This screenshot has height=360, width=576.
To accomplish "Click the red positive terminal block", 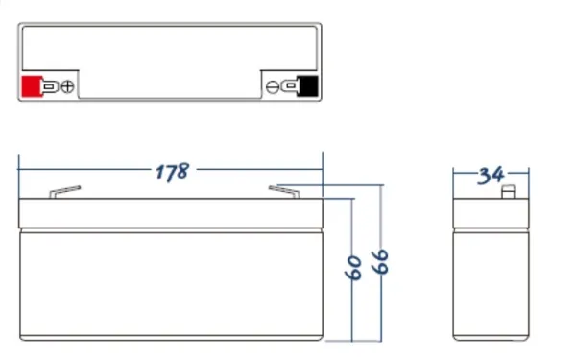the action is coord(32,86).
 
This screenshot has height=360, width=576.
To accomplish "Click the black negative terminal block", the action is coord(307,86).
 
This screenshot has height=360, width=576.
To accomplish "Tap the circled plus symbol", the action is coord(67,86).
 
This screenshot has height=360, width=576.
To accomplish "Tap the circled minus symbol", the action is coord(273,87).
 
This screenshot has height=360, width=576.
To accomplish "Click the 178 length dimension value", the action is coord(172,172).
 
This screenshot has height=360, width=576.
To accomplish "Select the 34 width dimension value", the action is coord(491,176).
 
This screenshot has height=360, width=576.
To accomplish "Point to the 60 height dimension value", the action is coord(353,268).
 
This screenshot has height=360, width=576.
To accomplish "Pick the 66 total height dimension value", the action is coord(380,261).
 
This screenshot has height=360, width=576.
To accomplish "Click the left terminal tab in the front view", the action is coord(65,192).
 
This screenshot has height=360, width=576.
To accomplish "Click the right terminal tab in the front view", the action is coord(284,192).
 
